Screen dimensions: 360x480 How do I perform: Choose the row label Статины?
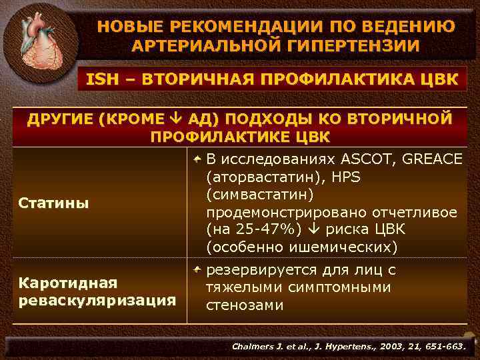pos(53,203)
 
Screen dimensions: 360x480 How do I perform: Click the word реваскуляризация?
pos(97,300)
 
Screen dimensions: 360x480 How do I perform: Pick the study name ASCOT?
pos(365,160)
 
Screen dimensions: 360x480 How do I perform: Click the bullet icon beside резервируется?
pos(197,271)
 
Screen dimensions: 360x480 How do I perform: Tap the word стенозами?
pos(245,305)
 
